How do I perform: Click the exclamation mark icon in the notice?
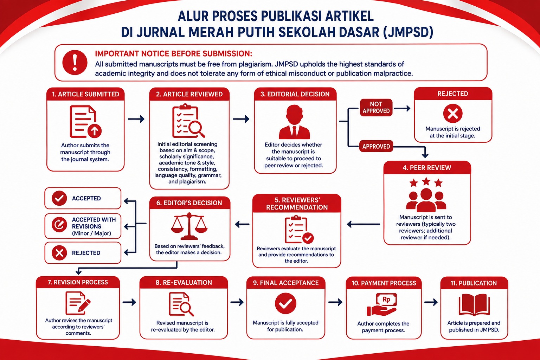coord(75,62)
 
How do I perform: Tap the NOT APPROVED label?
coord(376,108)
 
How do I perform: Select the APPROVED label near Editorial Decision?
coord(376,146)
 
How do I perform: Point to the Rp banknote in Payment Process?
coord(386,300)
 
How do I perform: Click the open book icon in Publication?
coord(474,304)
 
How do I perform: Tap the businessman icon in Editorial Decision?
coord(294,122)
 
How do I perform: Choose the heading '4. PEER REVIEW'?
coord(427,168)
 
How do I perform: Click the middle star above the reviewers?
coord(426,181)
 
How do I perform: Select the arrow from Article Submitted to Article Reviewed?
coord(136,119)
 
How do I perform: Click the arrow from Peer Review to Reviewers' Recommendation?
coord(364,224)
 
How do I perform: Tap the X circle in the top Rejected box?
coord(453,114)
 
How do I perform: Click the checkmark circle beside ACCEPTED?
coord(59,198)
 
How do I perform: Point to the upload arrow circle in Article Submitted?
coord(95,131)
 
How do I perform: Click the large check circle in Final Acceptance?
coord(286,303)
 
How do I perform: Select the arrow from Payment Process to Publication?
coord(431,302)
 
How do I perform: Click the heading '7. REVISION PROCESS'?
coord(78,282)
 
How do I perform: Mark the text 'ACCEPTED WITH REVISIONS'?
coord(94,223)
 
